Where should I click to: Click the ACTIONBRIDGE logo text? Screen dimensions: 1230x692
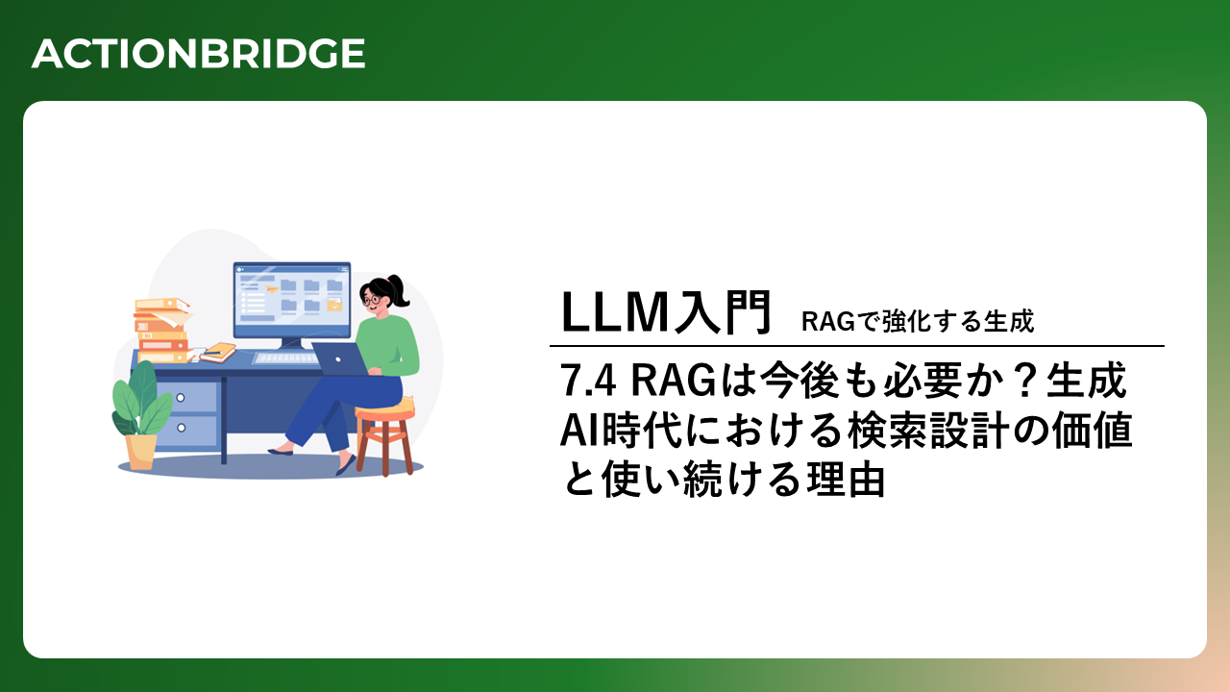198,54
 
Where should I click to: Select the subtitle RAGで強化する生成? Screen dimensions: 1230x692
918,321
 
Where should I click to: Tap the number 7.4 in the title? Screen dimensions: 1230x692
587,380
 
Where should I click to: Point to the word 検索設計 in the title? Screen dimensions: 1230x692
929,430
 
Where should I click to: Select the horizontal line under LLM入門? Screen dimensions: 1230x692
856,346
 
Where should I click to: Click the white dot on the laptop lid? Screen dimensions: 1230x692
338,359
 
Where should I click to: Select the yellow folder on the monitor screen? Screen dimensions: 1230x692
334,306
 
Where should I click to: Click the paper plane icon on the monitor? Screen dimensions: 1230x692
271,288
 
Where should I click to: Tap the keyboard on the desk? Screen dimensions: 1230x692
285,358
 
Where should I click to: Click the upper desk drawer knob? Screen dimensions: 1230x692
180,398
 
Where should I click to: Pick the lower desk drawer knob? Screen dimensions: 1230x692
182,428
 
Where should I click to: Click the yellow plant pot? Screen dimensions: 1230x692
140,452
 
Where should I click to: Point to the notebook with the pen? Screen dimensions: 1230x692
218,352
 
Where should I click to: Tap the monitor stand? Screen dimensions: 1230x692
291,344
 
